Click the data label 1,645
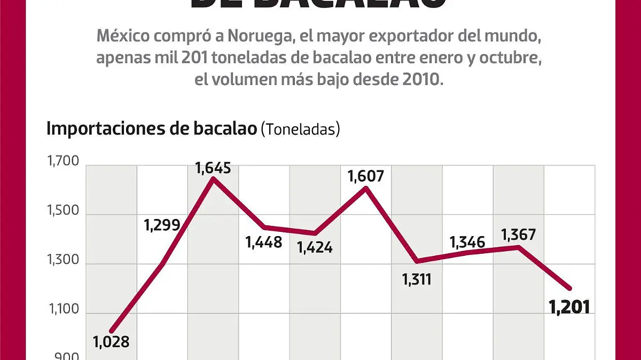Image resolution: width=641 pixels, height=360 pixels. (213, 168)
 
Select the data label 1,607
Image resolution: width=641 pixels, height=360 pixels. (365, 176)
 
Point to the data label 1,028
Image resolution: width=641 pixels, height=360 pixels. (111, 341)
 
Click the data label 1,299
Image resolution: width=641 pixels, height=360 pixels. (162, 225)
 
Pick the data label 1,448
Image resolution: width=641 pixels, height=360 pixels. (264, 242)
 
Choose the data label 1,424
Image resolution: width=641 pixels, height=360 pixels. (315, 247)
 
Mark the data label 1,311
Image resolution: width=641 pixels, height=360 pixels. (417, 279)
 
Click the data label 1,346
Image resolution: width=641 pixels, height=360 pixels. (467, 242)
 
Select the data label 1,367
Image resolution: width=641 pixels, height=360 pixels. (518, 234)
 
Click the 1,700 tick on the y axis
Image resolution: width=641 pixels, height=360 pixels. (63, 161)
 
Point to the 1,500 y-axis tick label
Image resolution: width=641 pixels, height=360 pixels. (63, 210)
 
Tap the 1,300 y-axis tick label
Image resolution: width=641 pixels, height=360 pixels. (63, 260)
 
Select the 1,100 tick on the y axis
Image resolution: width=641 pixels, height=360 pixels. (63, 309)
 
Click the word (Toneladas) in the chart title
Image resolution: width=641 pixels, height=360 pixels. (300, 129)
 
